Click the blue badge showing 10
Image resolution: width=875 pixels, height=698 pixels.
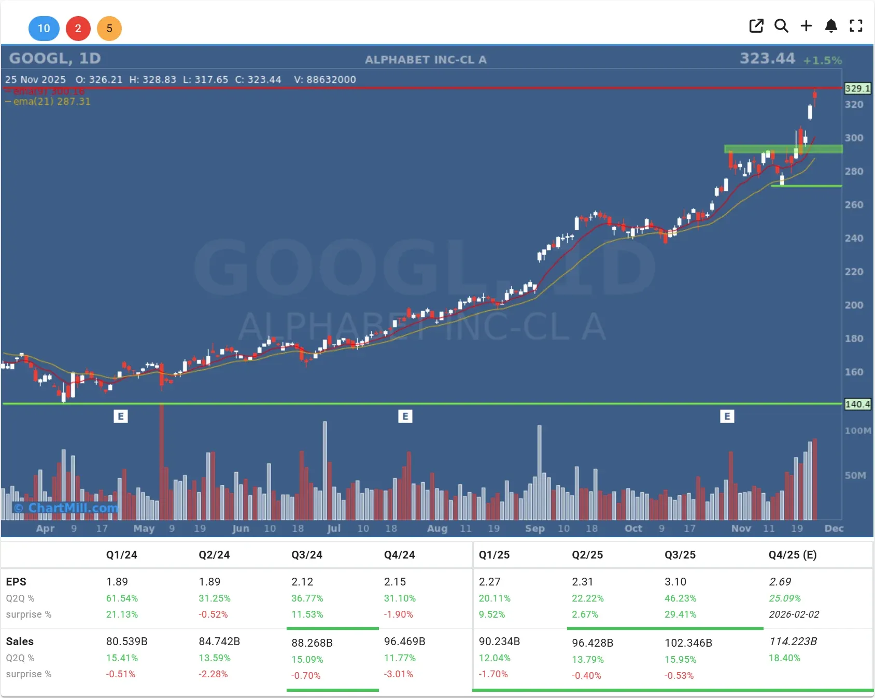[44, 29]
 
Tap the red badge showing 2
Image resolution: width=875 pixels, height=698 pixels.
[78, 29]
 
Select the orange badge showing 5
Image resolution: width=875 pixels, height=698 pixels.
[109, 29]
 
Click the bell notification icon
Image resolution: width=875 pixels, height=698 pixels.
[831, 26]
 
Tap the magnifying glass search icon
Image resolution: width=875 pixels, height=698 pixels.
[781, 26]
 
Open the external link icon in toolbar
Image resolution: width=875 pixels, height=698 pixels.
[756, 26]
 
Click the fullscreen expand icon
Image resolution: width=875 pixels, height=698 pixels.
[856, 26]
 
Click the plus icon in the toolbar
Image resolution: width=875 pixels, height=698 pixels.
[806, 26]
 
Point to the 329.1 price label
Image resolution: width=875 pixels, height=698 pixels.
[857, 89]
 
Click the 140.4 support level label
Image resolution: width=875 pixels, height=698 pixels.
[857, 404]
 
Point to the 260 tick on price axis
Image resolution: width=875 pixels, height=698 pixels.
[854, 205]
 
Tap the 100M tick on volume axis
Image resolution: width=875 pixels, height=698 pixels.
[857, 431]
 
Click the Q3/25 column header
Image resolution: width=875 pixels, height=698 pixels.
[680, 555]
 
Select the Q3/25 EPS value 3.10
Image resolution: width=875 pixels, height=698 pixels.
[675, 582]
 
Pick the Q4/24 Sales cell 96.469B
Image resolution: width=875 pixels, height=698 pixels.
[404, 641]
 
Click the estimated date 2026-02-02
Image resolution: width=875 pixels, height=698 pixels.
[794, 615]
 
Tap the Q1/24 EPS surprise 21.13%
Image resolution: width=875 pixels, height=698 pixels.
[122, 615]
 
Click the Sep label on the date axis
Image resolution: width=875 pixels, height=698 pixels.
[534, 528]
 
